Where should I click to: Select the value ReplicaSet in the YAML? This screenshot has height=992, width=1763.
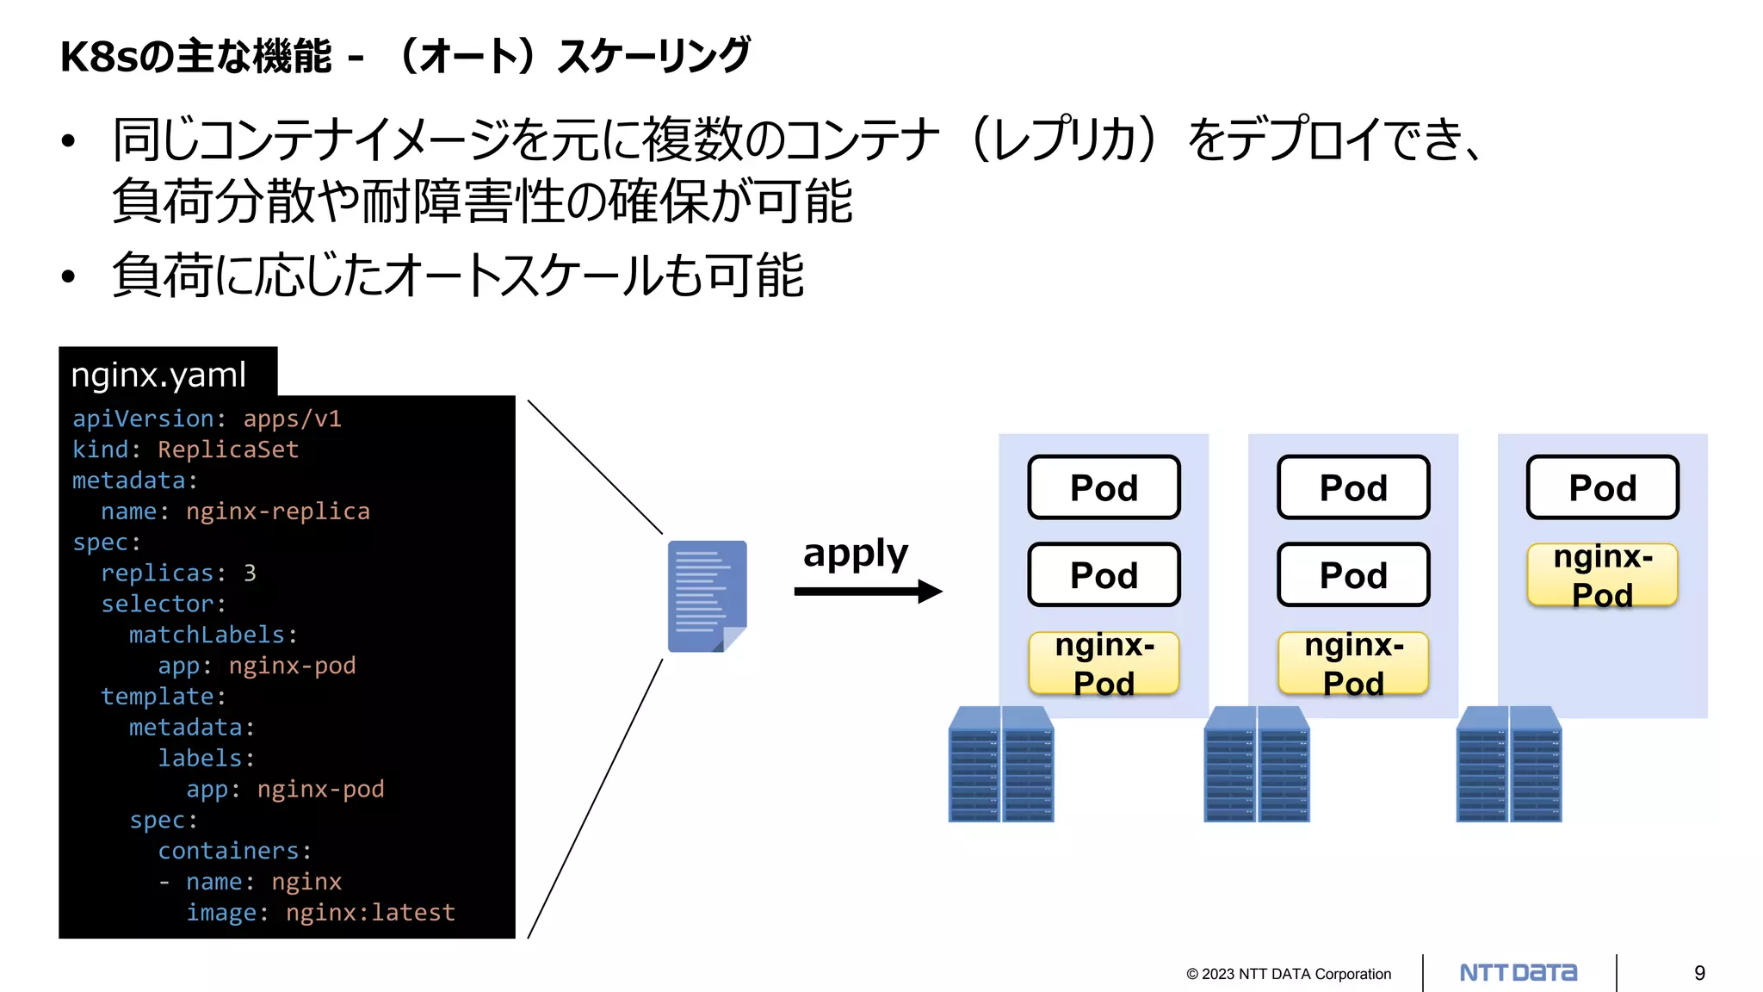tap(228, 449)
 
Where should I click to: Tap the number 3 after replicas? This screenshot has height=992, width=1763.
tap(250, 573)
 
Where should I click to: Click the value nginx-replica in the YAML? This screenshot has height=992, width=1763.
tap(277, 512)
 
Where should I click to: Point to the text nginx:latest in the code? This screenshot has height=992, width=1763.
tap(370, 913)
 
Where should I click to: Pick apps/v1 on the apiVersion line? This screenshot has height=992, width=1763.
tap(292, 418)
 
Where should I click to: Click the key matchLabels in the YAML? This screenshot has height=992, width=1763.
tap(207, 635)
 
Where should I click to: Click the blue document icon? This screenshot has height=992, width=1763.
tap(707, 596)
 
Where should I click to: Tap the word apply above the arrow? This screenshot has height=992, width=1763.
tap(855, 553)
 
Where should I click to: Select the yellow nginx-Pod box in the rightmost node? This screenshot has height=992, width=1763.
tap(1602, 575)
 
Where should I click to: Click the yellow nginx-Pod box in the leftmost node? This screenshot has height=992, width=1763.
tap(1104, 663)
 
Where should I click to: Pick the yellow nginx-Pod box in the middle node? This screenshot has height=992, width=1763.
tap(1353, 663)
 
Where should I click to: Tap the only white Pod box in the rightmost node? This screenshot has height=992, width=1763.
tap(1602, 487)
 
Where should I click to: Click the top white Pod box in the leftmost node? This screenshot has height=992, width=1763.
tap(1104, 487)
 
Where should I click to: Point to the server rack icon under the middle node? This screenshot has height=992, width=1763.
tap(1256, 765)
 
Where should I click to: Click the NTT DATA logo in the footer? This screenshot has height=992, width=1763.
tap(1519, 973)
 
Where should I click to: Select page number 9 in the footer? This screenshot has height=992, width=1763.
tap(1699, 973)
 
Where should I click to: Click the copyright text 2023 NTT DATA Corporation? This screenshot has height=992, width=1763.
tap(1289, 974)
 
